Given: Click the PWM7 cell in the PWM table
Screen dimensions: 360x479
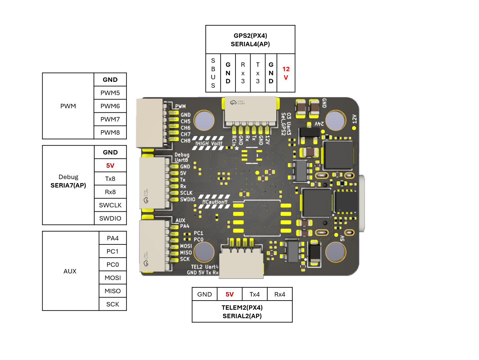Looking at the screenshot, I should click(110, 119).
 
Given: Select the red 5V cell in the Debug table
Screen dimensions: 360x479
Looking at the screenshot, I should click(110, 166).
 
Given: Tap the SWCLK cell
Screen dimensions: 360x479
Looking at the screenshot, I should click(110, 205).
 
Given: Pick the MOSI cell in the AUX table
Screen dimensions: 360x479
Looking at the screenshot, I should click(113, 278).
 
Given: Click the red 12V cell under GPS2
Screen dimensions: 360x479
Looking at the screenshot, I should click(286, 73).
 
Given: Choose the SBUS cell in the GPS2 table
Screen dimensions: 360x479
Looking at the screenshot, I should click(213, 73).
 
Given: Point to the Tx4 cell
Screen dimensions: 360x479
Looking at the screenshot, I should click(255, 294).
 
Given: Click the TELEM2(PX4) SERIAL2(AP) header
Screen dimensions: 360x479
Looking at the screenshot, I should click(242, 312).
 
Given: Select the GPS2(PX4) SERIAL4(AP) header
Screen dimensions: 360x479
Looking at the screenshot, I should click(250, 40).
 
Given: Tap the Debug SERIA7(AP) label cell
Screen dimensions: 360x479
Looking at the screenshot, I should click(68, 181).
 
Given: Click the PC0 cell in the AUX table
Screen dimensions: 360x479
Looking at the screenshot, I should click(113, 265).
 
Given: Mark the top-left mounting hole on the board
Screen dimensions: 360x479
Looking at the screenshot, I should click(204, 120).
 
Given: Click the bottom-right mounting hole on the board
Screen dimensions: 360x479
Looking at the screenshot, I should click(335, 252).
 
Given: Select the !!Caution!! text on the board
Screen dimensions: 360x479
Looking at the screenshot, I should click(215, 202).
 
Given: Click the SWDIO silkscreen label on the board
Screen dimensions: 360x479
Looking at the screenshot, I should click(187, 200).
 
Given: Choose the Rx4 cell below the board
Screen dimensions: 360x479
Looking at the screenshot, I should click(279, 294).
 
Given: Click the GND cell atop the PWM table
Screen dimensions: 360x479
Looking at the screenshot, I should click(110, 80).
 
